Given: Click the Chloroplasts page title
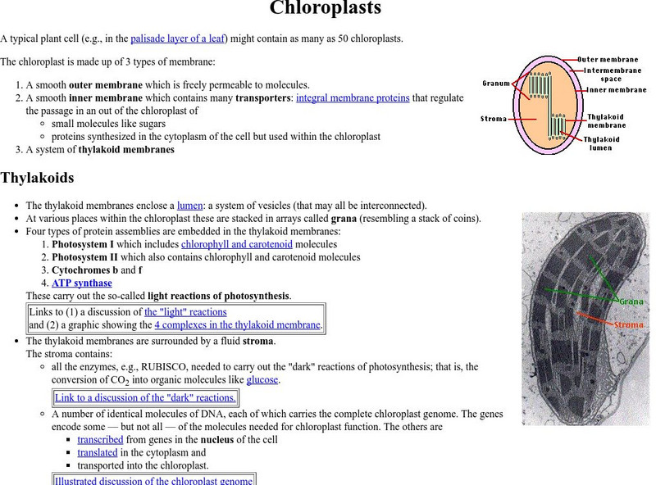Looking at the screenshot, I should point(326,9).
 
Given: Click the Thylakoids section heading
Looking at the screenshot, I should point(38,178).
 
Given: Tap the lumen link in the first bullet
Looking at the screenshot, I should point(188,205).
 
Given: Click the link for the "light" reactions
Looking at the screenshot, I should point(185,311).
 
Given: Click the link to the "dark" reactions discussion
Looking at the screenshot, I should point(145,398).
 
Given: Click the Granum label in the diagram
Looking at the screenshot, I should point(496,84).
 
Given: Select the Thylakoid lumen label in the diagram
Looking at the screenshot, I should point(602,143).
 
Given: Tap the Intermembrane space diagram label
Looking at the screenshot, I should point(608,75).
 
